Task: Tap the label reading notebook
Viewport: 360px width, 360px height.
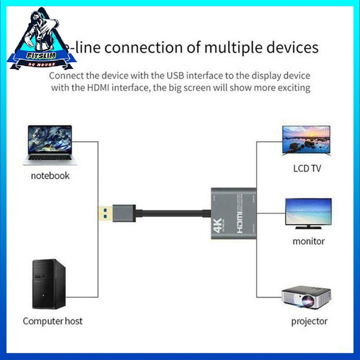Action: coord(50,175)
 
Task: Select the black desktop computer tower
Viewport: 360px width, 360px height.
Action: coord(48,284)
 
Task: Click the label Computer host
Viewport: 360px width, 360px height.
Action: coord(53,321)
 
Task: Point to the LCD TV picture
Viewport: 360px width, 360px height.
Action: coord(306,140)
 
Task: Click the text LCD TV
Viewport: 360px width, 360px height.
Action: coord(307,169)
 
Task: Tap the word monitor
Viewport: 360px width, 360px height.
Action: coord(308,241)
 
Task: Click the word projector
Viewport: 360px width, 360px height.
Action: coord(309,321)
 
